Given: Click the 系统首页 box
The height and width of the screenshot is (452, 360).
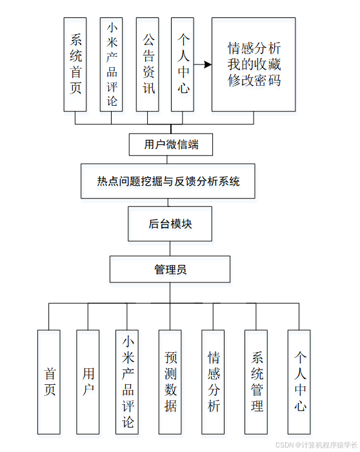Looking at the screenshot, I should tap(75, 64).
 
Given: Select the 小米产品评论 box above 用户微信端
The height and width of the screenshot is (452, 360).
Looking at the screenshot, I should tap(111, 64).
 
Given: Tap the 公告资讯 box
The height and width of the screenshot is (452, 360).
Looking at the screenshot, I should tap(148, 64).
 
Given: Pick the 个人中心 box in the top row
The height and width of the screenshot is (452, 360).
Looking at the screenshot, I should tap(183, 64).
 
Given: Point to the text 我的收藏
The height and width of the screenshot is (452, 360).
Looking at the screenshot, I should tap(254, 64).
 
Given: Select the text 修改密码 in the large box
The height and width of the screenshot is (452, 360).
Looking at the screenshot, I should tap(254, 81).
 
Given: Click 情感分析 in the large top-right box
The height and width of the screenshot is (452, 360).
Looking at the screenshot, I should tap(254, 49).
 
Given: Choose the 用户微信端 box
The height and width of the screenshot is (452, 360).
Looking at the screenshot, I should tap(171, 144).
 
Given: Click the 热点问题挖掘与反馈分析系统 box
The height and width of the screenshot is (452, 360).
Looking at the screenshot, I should tap(168, 181).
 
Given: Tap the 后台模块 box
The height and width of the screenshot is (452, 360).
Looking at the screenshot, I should tap(170, 224).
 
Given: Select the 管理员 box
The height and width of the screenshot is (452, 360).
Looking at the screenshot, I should tap(170, 270).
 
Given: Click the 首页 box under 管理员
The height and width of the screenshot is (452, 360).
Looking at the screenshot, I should tap(49, 382).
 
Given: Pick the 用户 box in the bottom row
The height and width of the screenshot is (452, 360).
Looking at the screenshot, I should tap(88, 382).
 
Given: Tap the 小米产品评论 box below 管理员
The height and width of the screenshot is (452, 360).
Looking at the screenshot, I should tap(127, 382).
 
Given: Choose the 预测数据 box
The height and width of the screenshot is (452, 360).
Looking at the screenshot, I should tap(170, 382).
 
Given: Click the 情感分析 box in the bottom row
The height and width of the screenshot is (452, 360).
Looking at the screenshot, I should tap(213, 382).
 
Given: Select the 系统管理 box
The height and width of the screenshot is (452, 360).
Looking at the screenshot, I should tap(256, 382).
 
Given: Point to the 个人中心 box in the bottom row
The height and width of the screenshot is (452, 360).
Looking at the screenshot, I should tap(299, 382).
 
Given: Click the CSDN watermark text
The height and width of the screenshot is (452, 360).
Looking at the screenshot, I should tap(315, 445).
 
